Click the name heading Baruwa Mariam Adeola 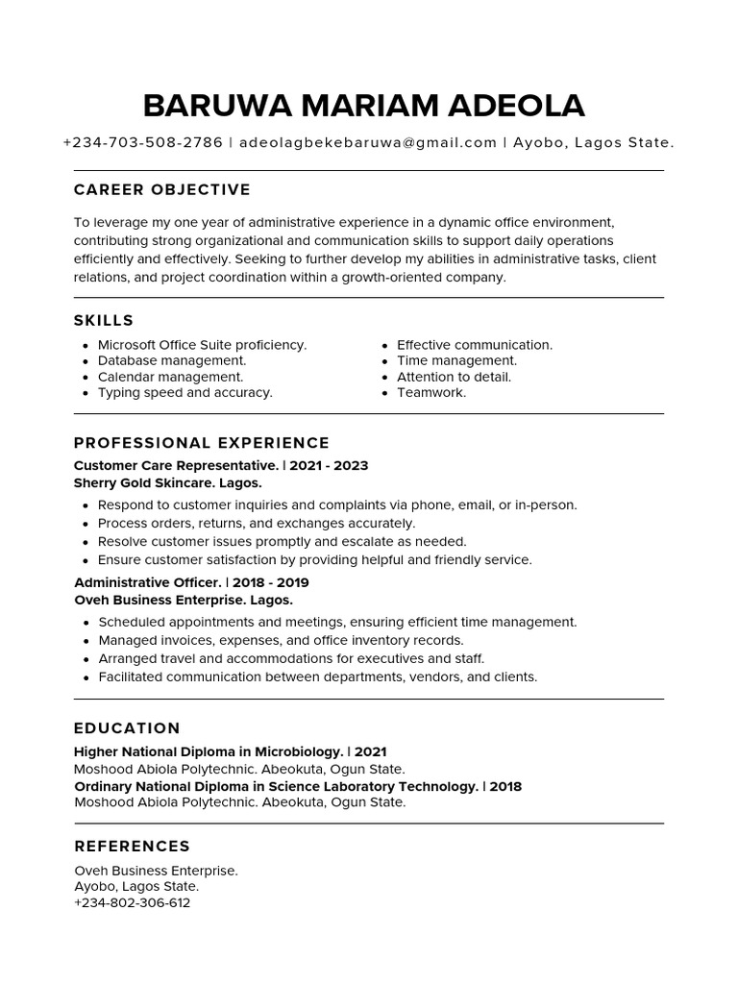pos(363,106)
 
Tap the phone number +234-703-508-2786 pos(142,143)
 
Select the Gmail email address pos(367,143)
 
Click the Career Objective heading pos(161,190)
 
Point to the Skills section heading pos(104,321)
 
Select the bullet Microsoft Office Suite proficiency pos(202,345)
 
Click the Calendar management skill pos(170,377)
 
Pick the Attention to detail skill pos(454,377)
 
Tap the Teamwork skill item pos(430,393)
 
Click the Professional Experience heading pos(202,443)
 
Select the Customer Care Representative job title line pos(221,466)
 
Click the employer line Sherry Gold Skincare pos(167,483)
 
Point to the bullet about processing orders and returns pos(256,524)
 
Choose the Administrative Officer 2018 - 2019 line pos(191,583)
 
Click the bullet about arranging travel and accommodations pos(291,659)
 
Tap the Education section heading pos(127,728)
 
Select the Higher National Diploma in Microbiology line pos(230,752)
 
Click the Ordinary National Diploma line pos(298,786)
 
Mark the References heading pos(132,847)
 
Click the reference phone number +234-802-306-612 pos(132,903)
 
